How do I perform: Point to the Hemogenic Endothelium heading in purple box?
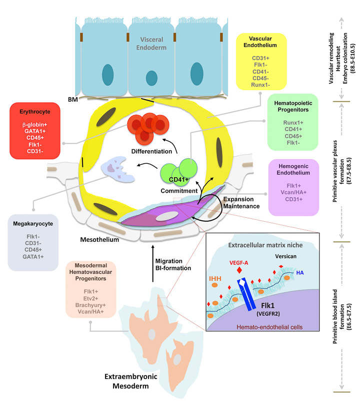(x=293, y=169)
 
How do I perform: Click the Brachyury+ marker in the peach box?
(x=90, y=304)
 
